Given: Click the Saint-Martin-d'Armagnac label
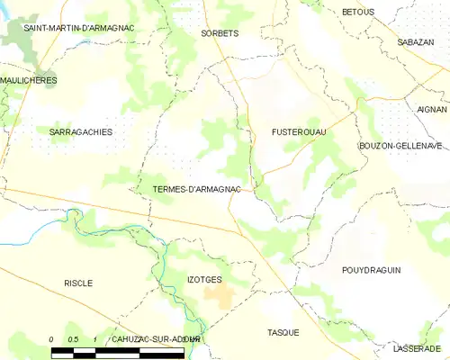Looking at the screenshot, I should click(x=78, y=28).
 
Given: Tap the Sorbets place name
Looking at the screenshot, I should click(x=219, y=33).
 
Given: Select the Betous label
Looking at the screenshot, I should click(x=358, y=12).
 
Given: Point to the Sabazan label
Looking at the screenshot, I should click(x=416, y=42).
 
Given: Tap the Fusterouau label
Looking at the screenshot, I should click(x=299, y=132).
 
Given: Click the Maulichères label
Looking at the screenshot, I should click(x=29, y=80).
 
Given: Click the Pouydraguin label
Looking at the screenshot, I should click(x=371, y=270).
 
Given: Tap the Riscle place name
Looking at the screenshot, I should click(x=78, y=283).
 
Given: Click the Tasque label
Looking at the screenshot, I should click(x=283, y=332).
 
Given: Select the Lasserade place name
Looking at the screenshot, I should click(x=418, y=348).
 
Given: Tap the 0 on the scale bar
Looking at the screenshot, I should click(x=52, y=338).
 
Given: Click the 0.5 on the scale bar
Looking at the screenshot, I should click(x=73, y=338).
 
